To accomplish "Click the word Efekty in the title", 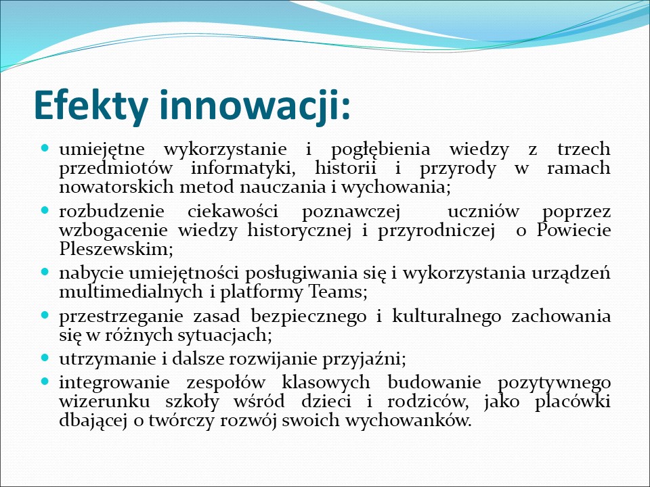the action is pos(91,106).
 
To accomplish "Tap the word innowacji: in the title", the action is pos(255,106).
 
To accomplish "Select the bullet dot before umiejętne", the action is pos(45,147).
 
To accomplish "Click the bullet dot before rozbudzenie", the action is pos(45,210).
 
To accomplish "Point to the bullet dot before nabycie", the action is pos(45,272).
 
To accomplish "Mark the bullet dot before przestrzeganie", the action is pos(45,315).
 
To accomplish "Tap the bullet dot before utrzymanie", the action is pos(45,358).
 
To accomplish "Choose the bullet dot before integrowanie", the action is pos(45,381).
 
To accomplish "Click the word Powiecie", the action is pos(573,230).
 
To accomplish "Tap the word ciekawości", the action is pos(233,212).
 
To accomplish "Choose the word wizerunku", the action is pos(104,402).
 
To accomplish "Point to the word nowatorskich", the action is pos(117,187).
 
